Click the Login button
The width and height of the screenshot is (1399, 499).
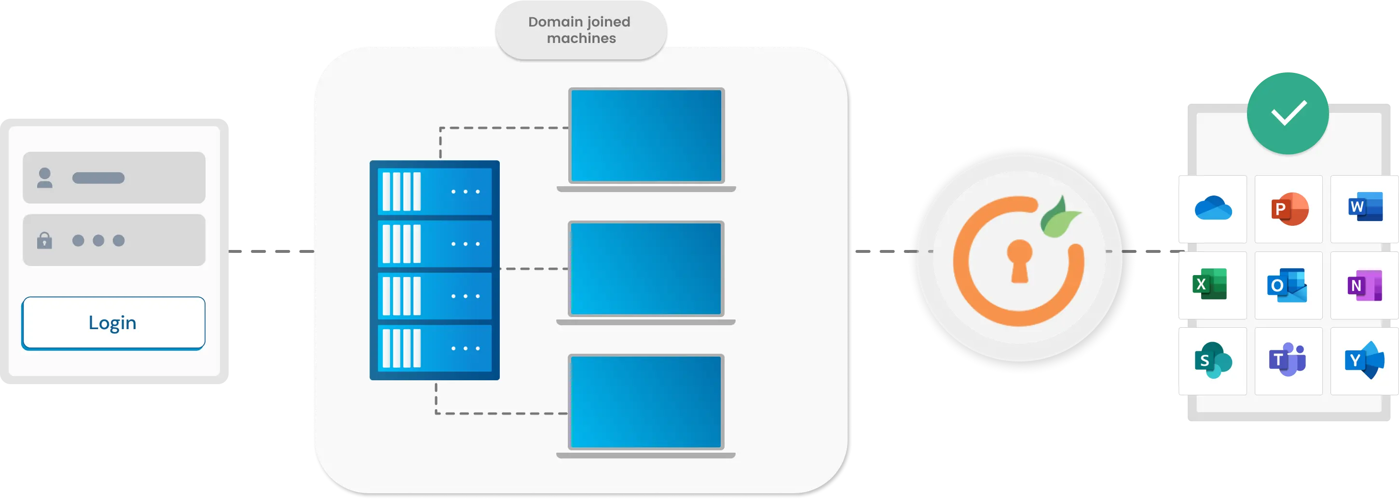click(113, 322)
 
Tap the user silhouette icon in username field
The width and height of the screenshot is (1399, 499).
click(44, 178)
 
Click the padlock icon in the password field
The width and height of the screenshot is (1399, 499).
click(44, 240)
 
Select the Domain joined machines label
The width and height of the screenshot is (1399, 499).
click(580, 30)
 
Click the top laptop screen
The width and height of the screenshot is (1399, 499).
click(646, 135)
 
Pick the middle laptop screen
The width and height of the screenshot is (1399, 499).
click(646, 268)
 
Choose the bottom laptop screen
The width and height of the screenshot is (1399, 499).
click(646, 402)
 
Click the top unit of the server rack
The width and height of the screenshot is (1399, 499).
click(435, 191)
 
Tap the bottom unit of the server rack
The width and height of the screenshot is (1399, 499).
click(435, 348)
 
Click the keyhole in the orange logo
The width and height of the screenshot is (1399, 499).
click(1019, 260)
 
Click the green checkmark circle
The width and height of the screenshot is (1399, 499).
click(1288, 113)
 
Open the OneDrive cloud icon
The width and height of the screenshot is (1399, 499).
click(1213, 209)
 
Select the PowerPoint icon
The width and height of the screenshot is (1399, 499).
click(1289, 209)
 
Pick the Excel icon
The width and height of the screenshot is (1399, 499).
click(1209, 284)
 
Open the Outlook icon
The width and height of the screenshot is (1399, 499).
click(1287, 285)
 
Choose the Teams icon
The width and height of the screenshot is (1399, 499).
click(1287, 360)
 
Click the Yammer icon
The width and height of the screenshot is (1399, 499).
click(1364, 360)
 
